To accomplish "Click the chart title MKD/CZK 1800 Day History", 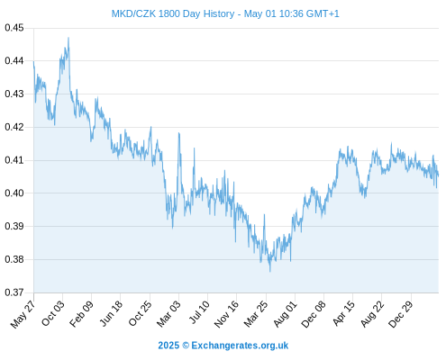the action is pyautogui.click(x=173, y=13).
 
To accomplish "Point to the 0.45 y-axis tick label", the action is pyautogui.click(x=14, y=28).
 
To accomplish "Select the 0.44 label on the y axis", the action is pyautogui.click(x=14, y=61).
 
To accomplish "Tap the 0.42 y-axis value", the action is pyautogui.click(x=14, y=127).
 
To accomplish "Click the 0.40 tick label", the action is pyautogui.click(x=14, y=193).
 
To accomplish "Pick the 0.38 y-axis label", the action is pyautogui.click(x=14, y=259).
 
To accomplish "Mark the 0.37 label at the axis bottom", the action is pyautogui.click(x=14, y=292).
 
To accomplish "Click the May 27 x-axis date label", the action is pyautogui.click(x=23, y=314).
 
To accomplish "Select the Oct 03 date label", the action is pyautogui.click(x=53, y=313).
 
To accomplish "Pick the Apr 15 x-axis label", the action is pyautogui.click(x=343, y=313).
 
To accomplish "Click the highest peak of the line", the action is pyautogui.click(x=68, y=38).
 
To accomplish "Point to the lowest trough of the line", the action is pyautogui.click(x=270, y=272).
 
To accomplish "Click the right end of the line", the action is pyautogui.click(x=438, y=175).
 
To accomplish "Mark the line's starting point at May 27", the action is pyautogui.click(x=33, y=61).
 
